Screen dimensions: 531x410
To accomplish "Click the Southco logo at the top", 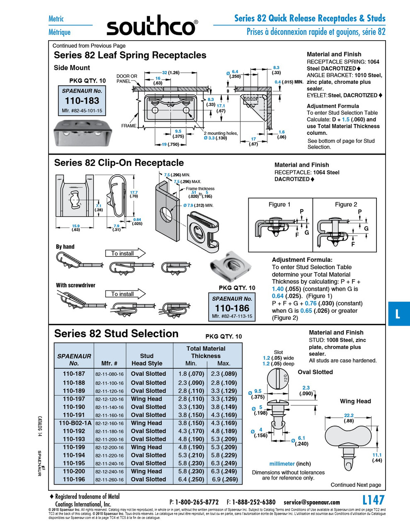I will (152, 27).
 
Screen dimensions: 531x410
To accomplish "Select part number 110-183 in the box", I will (82, 100).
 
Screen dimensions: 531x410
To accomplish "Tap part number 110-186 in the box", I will (232, 308).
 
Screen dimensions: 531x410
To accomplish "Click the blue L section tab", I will (398, 314).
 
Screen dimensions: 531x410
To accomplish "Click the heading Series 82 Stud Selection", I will (116, 334).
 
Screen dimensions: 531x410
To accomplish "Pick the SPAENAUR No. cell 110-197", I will (74, 399).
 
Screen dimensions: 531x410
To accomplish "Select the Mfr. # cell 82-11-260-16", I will (109, 480).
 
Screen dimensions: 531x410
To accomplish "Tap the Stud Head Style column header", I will (147, 359).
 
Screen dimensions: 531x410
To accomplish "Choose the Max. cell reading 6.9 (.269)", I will (224, 479).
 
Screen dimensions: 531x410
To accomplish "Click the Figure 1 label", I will (279, 205).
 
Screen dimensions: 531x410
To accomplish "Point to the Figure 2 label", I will (346, 205).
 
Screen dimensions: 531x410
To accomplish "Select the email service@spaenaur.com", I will (311, 502).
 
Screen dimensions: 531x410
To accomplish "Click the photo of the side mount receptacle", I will (82, 134).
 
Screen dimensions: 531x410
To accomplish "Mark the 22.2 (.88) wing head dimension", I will (349, 418).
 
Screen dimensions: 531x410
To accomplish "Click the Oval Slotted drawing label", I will (315, 372).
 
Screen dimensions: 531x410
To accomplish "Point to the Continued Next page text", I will (356, 485).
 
